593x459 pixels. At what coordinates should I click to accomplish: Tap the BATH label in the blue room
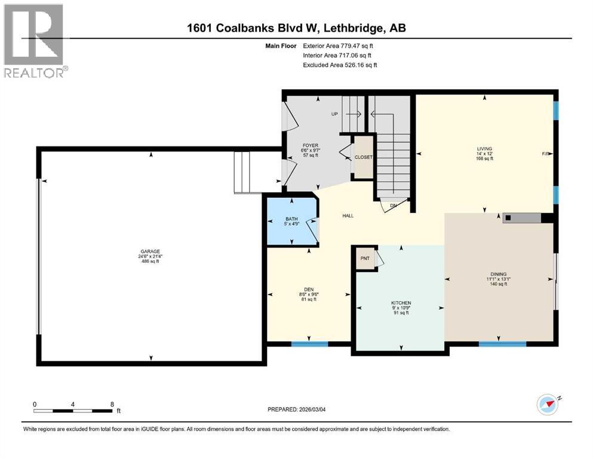click(291, 219)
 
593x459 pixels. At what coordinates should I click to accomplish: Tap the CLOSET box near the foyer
click(363, 157)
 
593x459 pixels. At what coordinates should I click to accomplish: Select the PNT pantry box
click(365, 259)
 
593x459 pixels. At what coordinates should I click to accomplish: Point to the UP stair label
click(335, 114)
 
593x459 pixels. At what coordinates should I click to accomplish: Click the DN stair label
click(394, 205)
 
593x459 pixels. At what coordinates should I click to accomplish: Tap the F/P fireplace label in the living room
click(545, 154)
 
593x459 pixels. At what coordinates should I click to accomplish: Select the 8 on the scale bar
click(112, 404)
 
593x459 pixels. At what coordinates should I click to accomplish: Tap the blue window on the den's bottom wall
click(309, 344)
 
